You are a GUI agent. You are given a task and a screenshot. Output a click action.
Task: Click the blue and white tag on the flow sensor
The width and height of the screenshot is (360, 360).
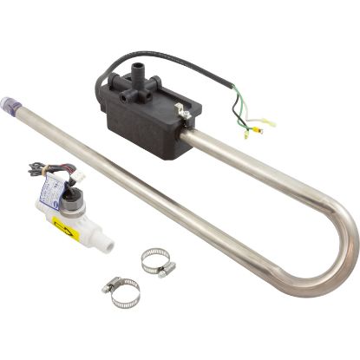(x=54, y=197)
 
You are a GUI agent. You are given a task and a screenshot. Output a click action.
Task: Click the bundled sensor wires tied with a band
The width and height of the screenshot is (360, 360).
(x=39, y=171)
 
